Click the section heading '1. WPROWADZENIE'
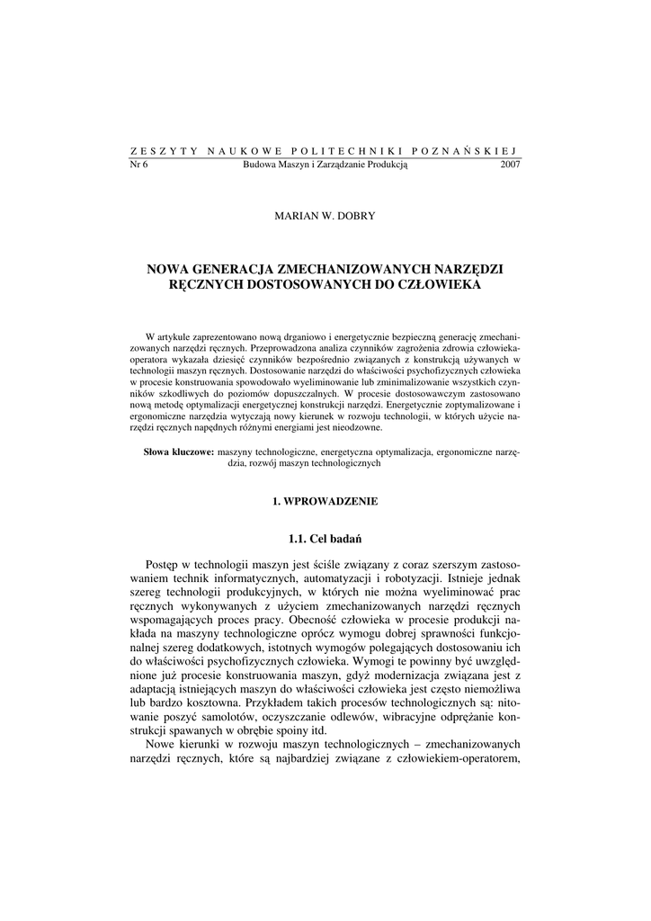325,499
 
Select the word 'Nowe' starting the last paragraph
163,747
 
